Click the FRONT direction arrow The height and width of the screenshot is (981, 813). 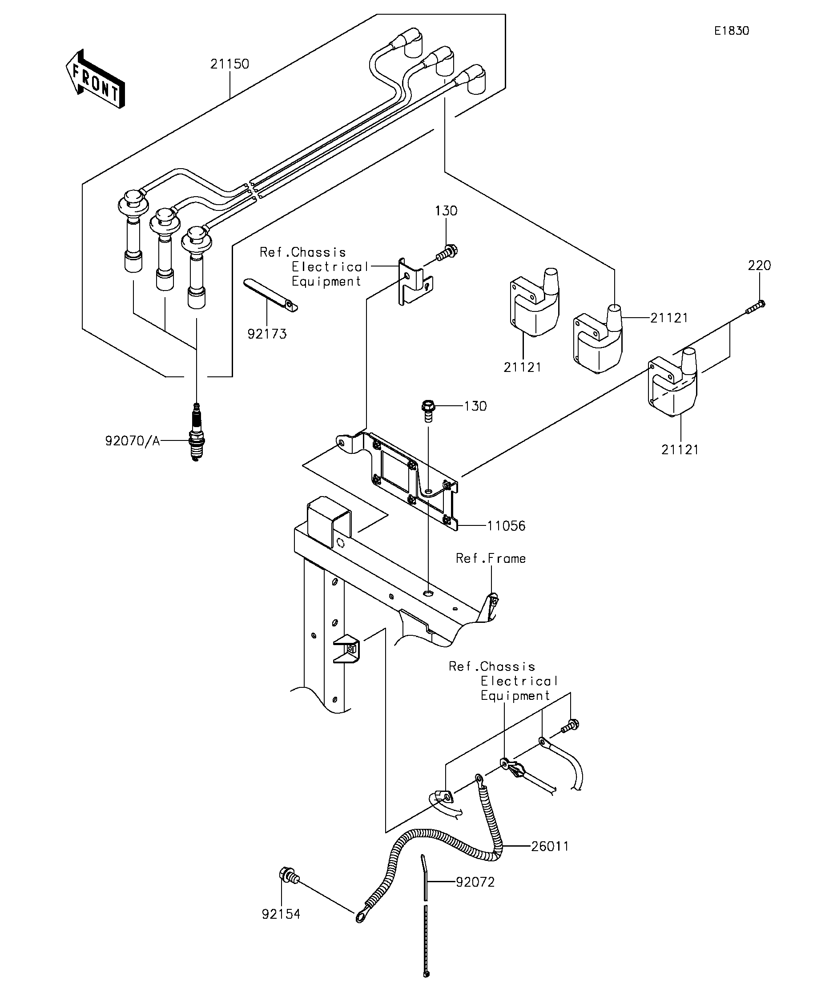coord(95,79)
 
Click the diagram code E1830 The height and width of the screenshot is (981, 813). coord(731,31)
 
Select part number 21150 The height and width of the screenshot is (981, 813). coord(229,64)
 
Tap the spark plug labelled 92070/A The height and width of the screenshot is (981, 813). coord(197,432)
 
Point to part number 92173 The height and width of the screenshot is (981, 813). coord(267,334)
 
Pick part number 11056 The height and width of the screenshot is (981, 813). coord(506,526)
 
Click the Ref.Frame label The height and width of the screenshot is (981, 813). coord(491,558)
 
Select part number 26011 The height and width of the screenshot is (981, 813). coord(550,846)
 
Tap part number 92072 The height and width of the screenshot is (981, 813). coord(475,882)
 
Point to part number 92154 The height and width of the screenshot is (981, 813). coord(281,914)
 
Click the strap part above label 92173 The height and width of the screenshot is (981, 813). coord(271,295)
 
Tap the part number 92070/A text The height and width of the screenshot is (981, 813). coord(133,440)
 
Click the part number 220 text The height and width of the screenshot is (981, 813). coord(759,266)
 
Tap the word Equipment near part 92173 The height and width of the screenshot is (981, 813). coord(326,282)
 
